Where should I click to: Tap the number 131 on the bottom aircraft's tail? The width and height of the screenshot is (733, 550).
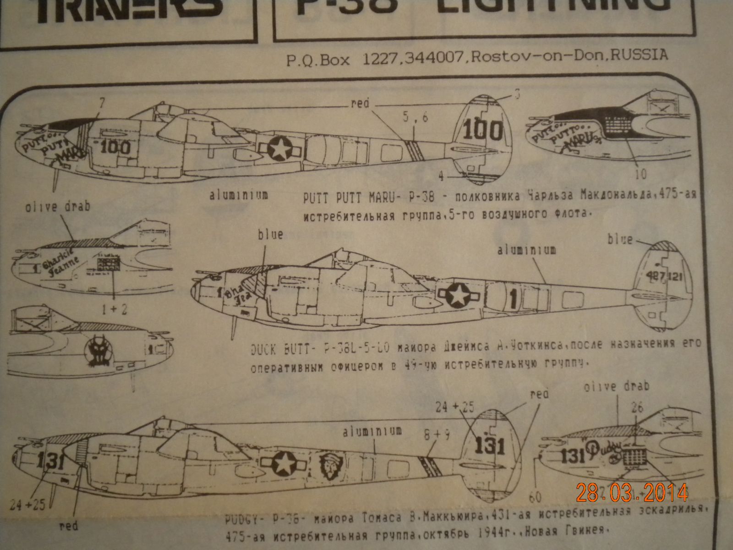pyautogui.click(x=490, y=445)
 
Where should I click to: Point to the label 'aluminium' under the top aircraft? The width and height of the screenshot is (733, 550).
pyautogui.click(x=239, y=195)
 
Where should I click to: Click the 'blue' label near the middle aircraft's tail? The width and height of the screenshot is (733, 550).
pyautogui.click(x=620, y=239)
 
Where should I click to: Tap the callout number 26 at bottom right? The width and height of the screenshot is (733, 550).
pyautogui.click(x=637, y=407)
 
